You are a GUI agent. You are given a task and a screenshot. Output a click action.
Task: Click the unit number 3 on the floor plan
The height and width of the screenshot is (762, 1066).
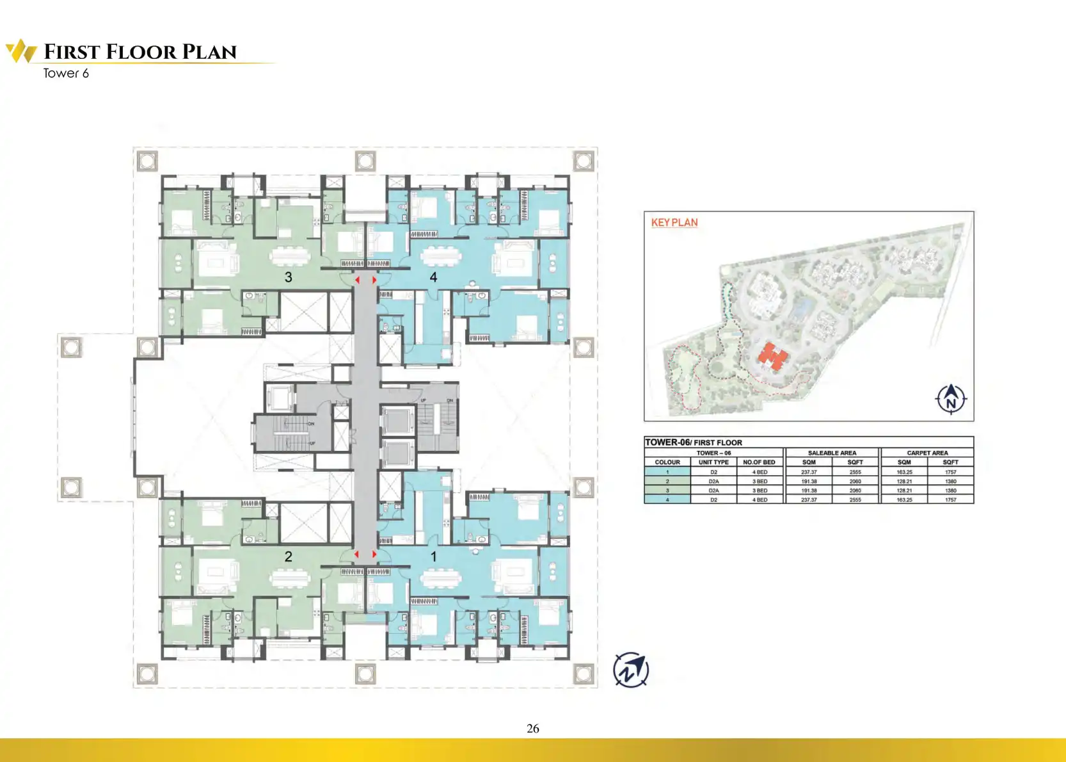(x=289, y=277)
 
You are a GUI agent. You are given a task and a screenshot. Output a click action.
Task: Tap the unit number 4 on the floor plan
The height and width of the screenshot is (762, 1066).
(x=433, y=277)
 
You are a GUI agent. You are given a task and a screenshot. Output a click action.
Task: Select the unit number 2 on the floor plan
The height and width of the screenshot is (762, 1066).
(x=289, y=556)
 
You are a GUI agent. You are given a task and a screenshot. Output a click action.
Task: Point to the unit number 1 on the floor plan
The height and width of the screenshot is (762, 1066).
(x=433, y=556)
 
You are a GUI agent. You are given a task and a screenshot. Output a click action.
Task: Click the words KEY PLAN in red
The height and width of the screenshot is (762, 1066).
(x=674, y=222)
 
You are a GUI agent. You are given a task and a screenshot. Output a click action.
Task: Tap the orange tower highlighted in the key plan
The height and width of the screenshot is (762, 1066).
(x=774, y=356)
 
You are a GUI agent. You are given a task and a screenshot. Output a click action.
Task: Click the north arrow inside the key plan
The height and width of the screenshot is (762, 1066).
(x=951, y=398)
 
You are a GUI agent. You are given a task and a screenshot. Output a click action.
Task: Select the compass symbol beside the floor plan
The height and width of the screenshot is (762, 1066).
(x=631, y=670)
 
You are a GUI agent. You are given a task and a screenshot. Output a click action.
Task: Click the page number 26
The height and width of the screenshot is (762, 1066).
(x=532, y=728)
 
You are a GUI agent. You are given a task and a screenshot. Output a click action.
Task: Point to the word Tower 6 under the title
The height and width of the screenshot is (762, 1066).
(x=66, y=74)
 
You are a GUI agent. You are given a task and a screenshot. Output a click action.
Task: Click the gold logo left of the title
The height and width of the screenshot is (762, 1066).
(x=21, y=51)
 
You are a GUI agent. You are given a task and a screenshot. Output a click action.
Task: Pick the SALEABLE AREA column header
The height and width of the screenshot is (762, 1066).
(x=832, y=453)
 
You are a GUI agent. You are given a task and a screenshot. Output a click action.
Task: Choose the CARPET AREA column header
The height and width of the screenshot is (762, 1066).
(x=927, y=453)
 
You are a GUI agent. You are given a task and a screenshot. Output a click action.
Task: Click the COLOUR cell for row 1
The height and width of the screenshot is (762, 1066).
(x=667, y=472)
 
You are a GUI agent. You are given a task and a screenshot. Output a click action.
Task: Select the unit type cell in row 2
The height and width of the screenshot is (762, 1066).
(x=713, y=482)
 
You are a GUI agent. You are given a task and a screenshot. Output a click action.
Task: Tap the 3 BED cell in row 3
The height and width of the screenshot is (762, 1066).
(x=760, y=490)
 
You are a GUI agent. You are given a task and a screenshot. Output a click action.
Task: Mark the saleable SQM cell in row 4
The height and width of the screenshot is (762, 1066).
(x=809, y=499)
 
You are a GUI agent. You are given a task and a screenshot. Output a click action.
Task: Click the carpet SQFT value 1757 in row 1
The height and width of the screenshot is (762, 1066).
(x=950, y=472)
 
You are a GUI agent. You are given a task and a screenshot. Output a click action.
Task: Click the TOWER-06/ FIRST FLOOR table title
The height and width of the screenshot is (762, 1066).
(x=694, y=442)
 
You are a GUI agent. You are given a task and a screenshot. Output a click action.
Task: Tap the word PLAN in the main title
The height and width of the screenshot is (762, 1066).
(x=209, y=52)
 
